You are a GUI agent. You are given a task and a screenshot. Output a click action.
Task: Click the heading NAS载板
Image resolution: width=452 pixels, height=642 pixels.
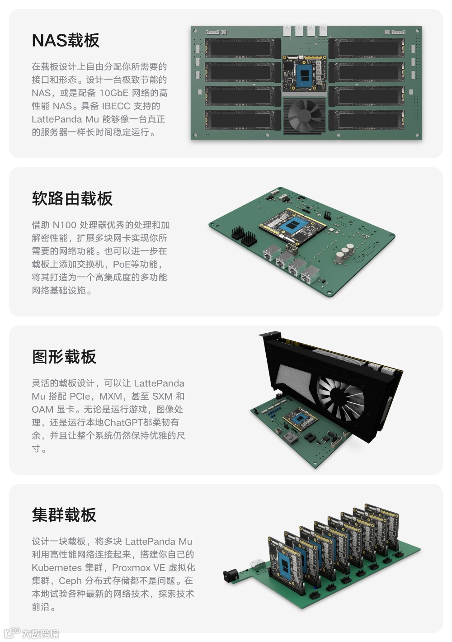66,40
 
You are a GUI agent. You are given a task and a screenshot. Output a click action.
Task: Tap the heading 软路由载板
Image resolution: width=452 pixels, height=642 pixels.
72,198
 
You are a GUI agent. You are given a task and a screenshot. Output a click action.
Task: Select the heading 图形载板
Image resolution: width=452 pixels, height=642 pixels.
64,357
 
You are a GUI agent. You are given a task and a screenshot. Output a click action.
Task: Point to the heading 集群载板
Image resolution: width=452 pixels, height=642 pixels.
64,515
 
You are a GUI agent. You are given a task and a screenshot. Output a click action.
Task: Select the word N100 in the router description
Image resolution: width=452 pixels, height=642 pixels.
65,225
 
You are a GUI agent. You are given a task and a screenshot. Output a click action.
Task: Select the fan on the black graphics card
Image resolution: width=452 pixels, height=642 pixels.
340,394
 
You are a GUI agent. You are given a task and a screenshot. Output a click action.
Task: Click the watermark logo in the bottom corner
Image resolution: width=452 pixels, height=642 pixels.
31,633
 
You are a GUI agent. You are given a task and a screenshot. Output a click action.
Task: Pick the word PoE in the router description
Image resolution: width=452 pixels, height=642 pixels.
121,264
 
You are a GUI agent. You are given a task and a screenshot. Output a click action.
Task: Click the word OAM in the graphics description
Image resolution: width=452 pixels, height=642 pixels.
42,409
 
